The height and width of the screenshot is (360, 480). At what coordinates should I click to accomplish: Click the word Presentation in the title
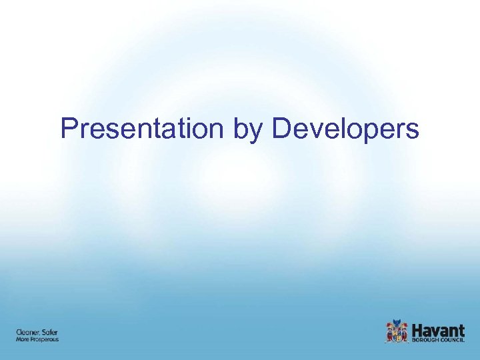click(x=143, y=128)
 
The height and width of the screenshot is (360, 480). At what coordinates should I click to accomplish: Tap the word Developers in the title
click(x=345, y=129)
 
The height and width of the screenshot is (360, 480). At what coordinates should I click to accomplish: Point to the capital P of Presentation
click(x=68, y=128)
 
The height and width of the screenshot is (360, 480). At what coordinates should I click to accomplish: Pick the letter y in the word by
click(x=257, y=131)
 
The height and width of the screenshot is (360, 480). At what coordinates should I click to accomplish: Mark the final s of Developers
click(x=413, y=131)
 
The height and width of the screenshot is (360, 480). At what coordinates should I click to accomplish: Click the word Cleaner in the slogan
click(x=28, y=332)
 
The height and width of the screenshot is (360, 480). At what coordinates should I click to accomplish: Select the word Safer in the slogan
click(x=50, y=332)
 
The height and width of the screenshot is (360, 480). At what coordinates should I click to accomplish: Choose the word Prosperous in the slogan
click(x=45, y=340)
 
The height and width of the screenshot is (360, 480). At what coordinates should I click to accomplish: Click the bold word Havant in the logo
click(x=439, y=329)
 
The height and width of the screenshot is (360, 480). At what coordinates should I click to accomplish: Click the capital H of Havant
click(x=418, y=329)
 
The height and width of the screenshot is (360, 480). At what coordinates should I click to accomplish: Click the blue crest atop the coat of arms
click(x=397, y=324)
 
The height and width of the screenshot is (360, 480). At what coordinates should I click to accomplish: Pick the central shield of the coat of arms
click(x=397, y=333)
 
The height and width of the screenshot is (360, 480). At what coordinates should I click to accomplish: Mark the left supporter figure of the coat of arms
click(x=390, y=333)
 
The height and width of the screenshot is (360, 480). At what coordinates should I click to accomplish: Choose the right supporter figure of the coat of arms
click(x=405, y=333)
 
